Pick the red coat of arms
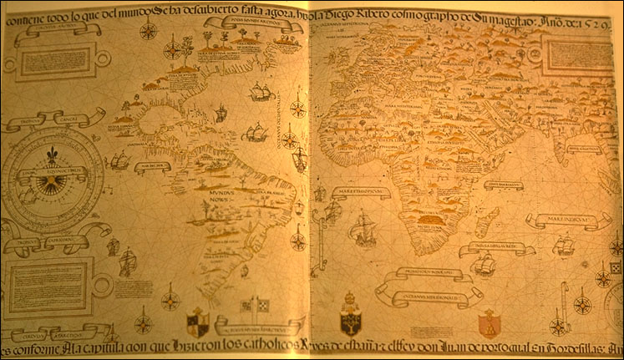coord(488,322)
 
